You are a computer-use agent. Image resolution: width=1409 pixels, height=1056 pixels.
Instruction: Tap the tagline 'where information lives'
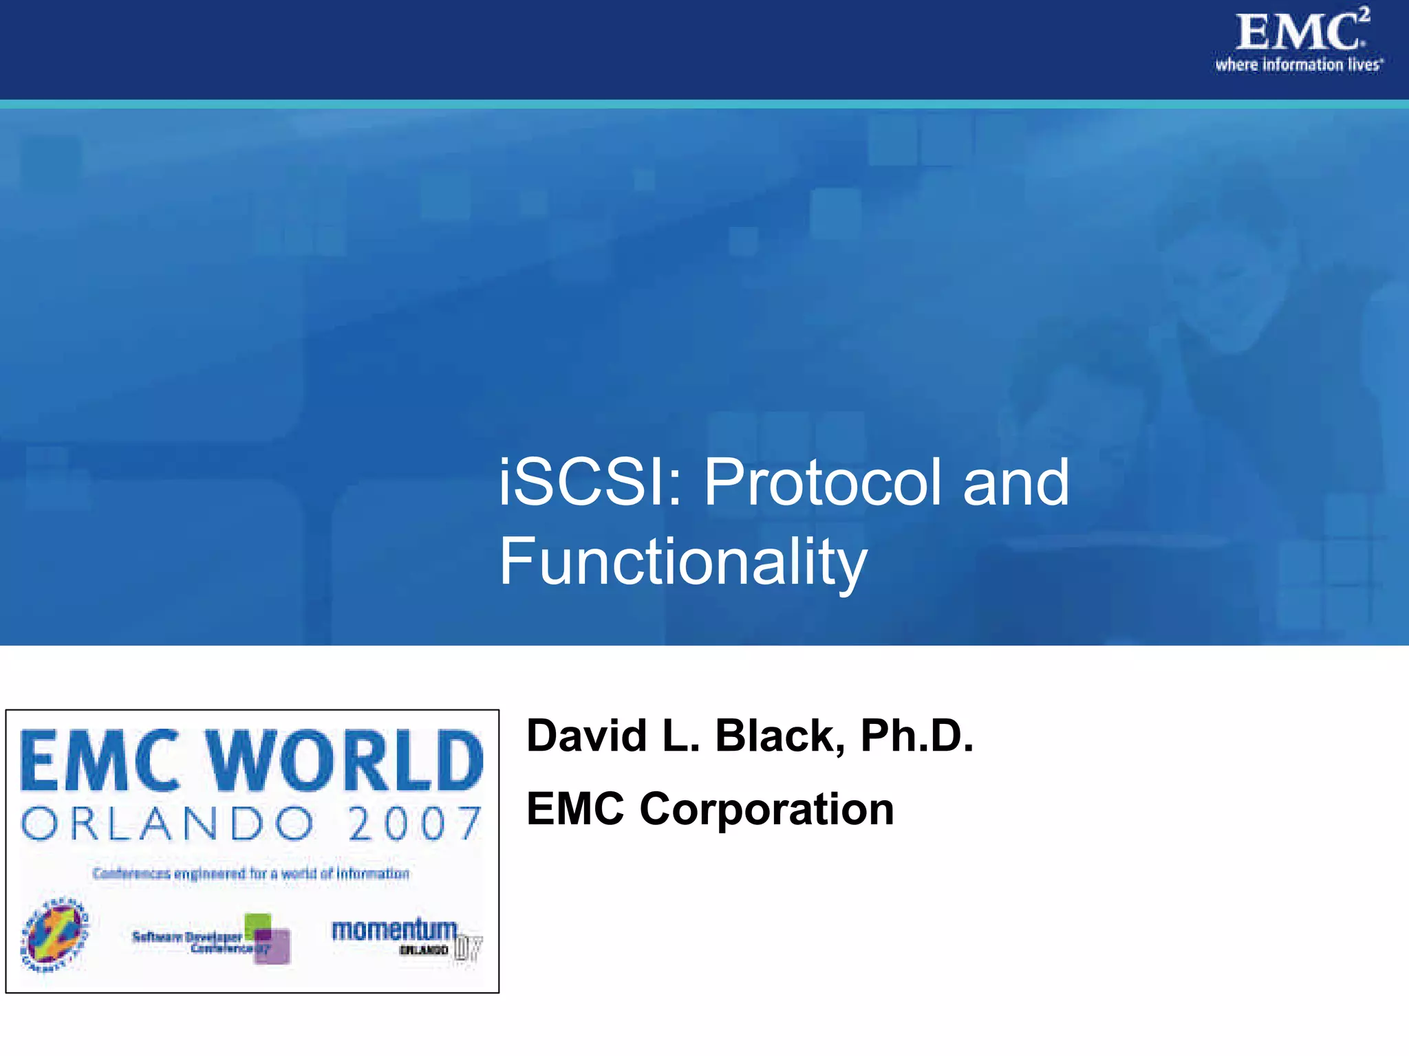click(x=1298, y=65)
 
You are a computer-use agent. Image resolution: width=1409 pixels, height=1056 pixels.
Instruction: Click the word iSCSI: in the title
click(x=589, y=483)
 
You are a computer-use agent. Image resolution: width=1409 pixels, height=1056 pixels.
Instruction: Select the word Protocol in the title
click(x=822, y=483)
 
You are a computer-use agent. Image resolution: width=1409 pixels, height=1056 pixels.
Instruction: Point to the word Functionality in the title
click(x=682, y=562)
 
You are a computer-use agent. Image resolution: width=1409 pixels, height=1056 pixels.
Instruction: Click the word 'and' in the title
click(x=1015, y=483)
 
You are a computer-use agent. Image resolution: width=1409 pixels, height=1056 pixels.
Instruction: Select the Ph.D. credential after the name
click(x=916, y=736)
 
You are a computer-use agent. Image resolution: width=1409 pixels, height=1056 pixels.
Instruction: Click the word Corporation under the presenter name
click(x=766, y=809)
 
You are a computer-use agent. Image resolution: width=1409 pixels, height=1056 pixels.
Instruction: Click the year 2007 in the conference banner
click(x=414, y=824)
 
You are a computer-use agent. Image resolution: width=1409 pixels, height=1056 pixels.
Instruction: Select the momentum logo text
click(x=394, y=929)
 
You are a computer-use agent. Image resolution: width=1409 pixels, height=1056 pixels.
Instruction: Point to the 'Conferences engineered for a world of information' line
click(x=251, y=874)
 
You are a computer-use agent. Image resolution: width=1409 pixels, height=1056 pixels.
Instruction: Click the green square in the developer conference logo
click(x=258, y=923)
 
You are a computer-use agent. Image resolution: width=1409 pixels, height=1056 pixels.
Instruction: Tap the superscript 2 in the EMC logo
click(x=1364, y=14)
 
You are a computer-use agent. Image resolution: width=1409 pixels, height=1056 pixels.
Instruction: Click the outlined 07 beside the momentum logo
click(x=468, y=949)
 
